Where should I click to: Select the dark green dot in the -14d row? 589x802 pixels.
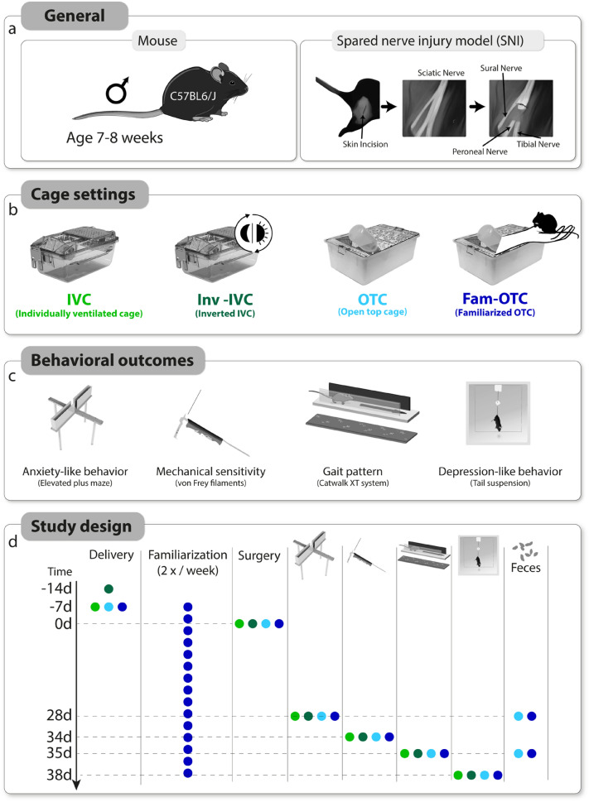tap(109, 588)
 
